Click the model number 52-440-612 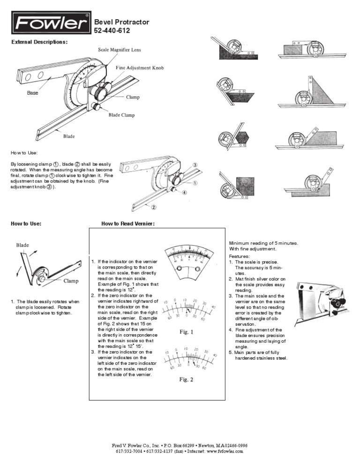pyautogui.click(x=112, y=31)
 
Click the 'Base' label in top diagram pyautogui.click(x=32, y=93)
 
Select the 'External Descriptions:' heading pyautogui.click(x=39, y=42)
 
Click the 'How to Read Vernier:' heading pyautogui.click(x=128, y=224)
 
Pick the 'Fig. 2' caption pyautogui.click(x=186, y=380)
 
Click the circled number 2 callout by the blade pyautogui.click(x=153, y=206)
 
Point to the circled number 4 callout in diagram pyautogui.click(x=184, y=192)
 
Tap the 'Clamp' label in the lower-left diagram pyautogui.click(x=71, y=281)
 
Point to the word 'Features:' pyautogui.click(x=240, y=256)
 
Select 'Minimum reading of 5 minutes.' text pyautogui.click(x=263, y=243)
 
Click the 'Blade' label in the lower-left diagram pyautogui.click(x=22, y=245)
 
